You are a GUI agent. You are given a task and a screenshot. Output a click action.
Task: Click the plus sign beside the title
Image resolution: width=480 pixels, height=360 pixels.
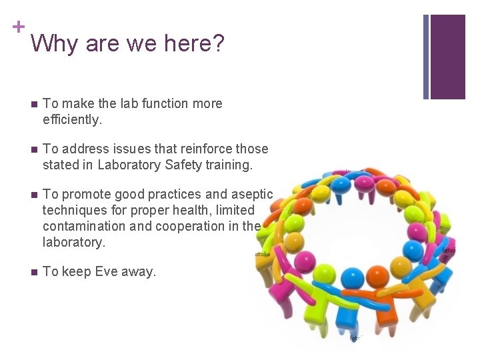19,27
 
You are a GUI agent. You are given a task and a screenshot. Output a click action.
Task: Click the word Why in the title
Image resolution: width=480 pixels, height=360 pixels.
51,44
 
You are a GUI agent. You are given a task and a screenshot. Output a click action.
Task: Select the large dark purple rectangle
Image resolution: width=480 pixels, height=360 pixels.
448,57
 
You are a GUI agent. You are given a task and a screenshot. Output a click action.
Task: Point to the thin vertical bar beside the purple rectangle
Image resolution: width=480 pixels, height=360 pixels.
426,57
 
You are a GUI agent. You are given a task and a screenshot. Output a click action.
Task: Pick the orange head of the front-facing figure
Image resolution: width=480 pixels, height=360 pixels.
377,275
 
